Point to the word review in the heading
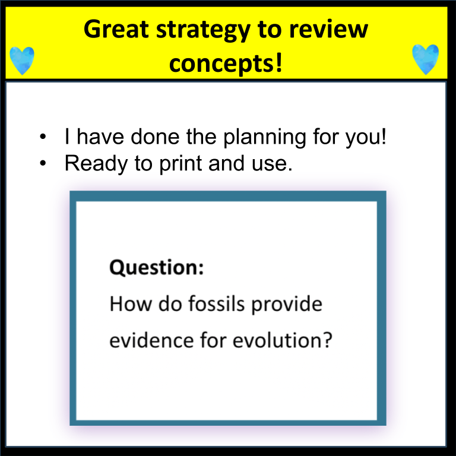pyautogui.click(x=328, y=29)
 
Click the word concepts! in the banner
pyautogui.click(x=226, y=64)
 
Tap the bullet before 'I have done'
pyautogui.click(x=43, y=137)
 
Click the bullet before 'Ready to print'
pyautogui.click(x=43, y=163)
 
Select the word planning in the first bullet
pyautogui.click(x=265, y=137)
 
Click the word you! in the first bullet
pyautogui.click(x=366, y=137)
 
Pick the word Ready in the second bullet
pyautogui.click(x=96, y=164)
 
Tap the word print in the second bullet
pyautogui.click(x=180, y=164)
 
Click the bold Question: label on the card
pyautogui.click(x=157, y=267)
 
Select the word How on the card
pyautogui.click(x=131, y=304)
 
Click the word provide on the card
pyautogui.click(x=287, y=305)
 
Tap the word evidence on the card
pyautogui.click(x=151, y=340)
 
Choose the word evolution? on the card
pyautogui.click(x=282, y=340)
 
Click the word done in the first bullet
pyautogui.click(x=155, y=137)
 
